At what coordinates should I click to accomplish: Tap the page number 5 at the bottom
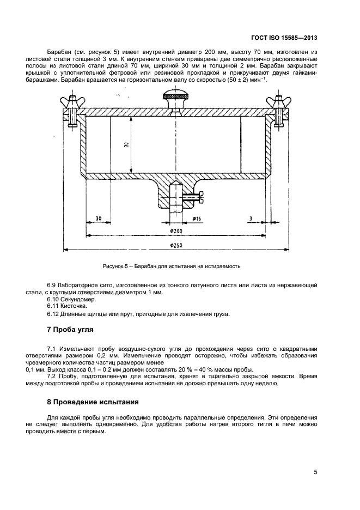click(x=315, y=472)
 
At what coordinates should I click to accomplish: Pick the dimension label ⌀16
click(x=197, y=218)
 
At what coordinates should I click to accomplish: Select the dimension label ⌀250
click(x=175, y=246)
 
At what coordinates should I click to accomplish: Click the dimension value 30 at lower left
click(x=99, y=218)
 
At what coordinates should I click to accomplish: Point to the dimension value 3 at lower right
click(x=250, y=218)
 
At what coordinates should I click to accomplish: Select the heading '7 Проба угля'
click(x=70, y=330)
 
